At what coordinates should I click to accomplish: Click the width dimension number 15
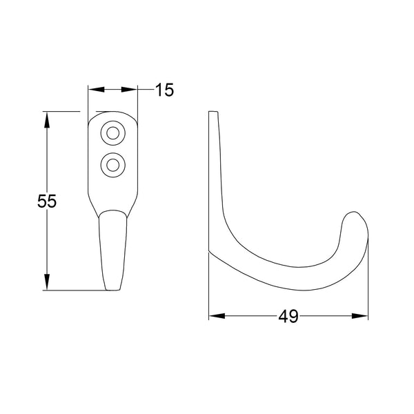point(164,90)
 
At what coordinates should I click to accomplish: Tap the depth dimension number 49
point(288,317)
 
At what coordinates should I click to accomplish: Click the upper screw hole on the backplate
point(112,132)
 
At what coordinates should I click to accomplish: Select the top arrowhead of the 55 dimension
point(47,119)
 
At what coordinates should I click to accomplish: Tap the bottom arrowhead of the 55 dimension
point(47,282)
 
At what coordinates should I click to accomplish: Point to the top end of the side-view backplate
point(214,113)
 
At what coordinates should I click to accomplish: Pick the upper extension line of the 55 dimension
point(62,111)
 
